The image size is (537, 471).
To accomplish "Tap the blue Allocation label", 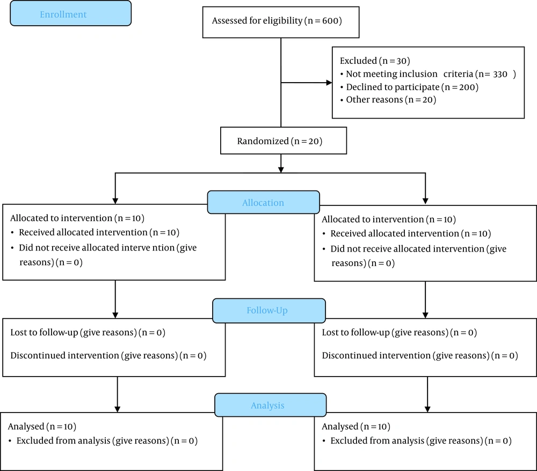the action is [x=263, y=202].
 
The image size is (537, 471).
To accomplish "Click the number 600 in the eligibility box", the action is [x=330, y=21].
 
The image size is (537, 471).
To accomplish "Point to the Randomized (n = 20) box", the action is [x=284, y=141].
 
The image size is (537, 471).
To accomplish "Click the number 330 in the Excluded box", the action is [x=500, y=74].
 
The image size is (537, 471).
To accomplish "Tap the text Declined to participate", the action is [x=393, y=87].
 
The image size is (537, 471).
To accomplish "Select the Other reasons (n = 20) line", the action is [x=391, y=100].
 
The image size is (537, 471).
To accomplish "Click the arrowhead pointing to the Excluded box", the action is [x=329, y=83].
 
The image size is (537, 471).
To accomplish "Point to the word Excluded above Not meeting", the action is [x=358, y=61].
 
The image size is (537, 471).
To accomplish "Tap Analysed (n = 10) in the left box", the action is [x=42, y=426].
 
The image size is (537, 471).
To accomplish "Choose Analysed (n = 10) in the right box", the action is [x=356, y=426].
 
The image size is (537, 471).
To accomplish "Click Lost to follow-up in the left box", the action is [x=44, y=333].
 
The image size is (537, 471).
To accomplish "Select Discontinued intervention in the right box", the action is [x=376, y=355].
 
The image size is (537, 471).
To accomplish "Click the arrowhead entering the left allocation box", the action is [x=115, y=201].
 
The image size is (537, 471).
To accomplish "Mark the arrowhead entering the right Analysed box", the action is [x=427, y=409].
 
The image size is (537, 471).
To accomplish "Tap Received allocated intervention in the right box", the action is [x=395, y=233].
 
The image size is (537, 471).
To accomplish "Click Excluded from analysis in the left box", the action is [x=63, y=440].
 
